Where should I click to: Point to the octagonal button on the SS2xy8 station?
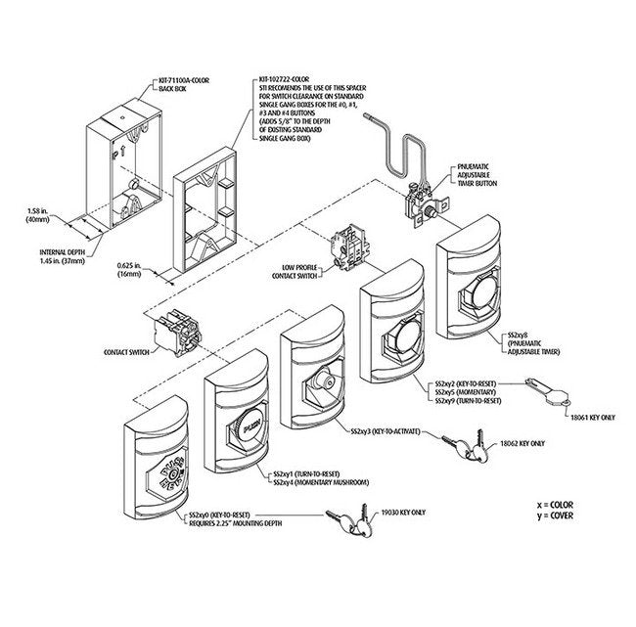tap(474, 291)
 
